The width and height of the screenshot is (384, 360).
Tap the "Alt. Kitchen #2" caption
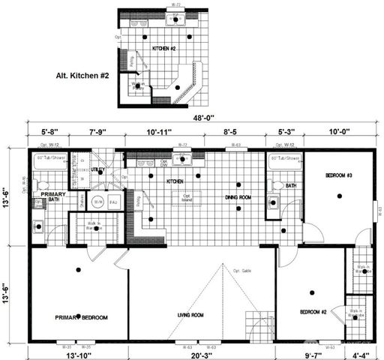[x=83, y=76]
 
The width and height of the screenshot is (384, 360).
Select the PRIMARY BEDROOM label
[x=81, y=317]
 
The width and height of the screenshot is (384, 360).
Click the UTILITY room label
[x=98, y=170]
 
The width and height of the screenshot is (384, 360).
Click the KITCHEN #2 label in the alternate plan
[x=164, y=48]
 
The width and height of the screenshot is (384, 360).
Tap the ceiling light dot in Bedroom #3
[x=340, y=196]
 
